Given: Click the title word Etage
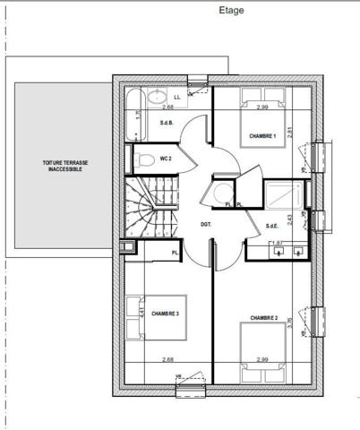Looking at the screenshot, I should click(x=231, y=11).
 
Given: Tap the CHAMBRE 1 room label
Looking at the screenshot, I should click(x=262, y=136).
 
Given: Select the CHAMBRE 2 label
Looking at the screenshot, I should click(x=264, y=317).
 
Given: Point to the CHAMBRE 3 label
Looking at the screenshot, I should click(x=165, y=314).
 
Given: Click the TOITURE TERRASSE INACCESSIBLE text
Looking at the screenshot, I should click(x=64, y=166).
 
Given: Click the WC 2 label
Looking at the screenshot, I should click(x=166, y=159).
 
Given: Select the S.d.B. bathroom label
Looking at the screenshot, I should click(x=167, y=123).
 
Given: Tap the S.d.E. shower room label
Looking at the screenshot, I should click(x=272, y=226).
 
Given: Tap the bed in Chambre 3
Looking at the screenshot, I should click(x=161, y=318).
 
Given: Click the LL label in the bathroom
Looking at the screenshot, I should click(x=176, y=96).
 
